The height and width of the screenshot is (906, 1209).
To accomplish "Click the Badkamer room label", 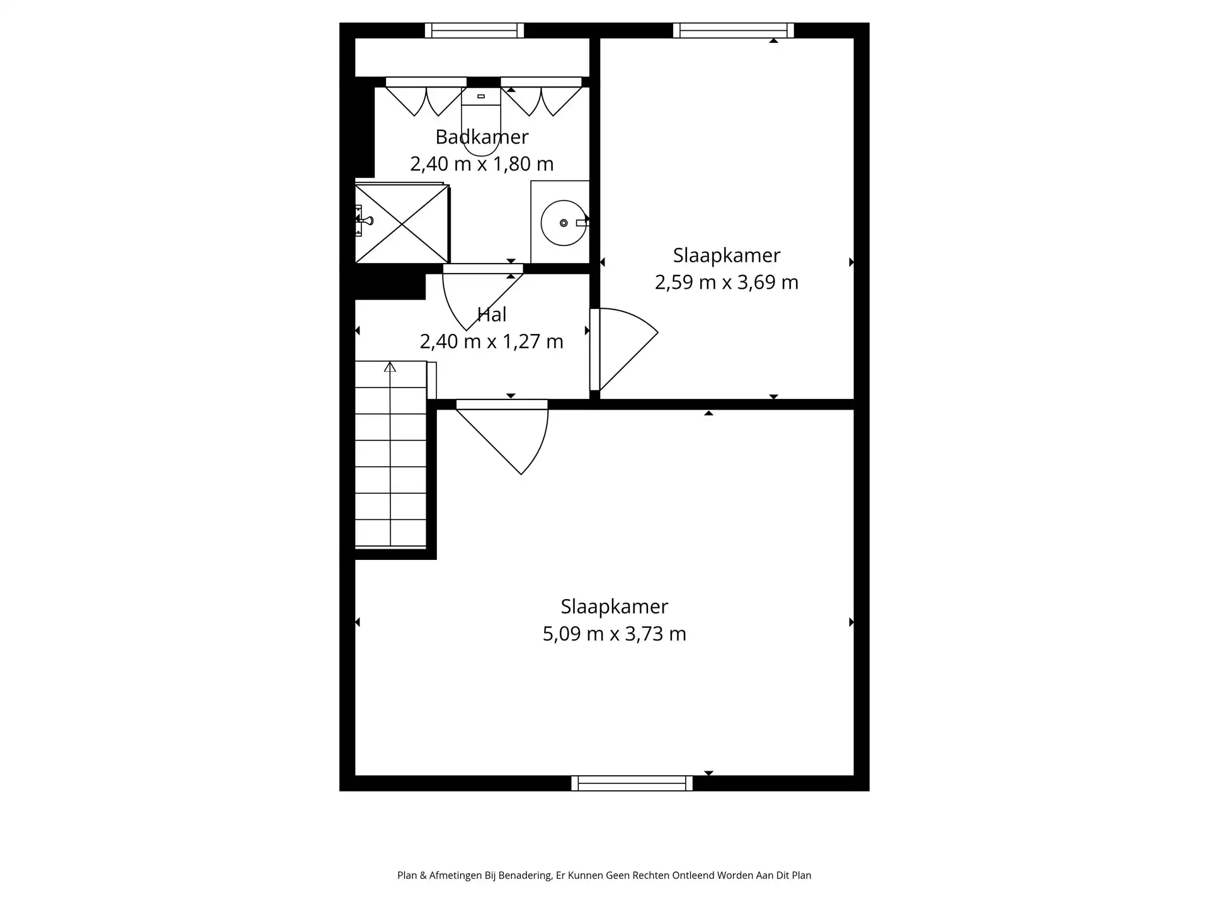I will pos(482,137).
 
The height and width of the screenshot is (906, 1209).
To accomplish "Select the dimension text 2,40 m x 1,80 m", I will pos(482,164).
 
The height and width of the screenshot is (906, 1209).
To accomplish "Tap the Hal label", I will pos(492,314).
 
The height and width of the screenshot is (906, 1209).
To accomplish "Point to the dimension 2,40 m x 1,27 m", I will pos(492,341).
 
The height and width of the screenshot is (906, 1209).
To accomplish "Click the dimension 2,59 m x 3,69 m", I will pos(727,282).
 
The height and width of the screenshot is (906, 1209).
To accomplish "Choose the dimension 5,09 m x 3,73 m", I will pos(615,633).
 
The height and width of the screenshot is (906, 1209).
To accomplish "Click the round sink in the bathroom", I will pos(563,223).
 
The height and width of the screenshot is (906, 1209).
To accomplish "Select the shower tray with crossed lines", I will pos(402,223).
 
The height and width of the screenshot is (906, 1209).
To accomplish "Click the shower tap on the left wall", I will pos(365,220).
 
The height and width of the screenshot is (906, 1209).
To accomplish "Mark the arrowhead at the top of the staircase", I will pos(390,367).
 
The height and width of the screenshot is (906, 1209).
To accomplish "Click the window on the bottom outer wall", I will pos(632,783).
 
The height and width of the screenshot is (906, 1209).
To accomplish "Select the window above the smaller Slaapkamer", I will pos(734,30).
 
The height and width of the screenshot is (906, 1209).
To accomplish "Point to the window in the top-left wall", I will pos(474,30).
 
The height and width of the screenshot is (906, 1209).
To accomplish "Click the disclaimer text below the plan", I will pos(604,875).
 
